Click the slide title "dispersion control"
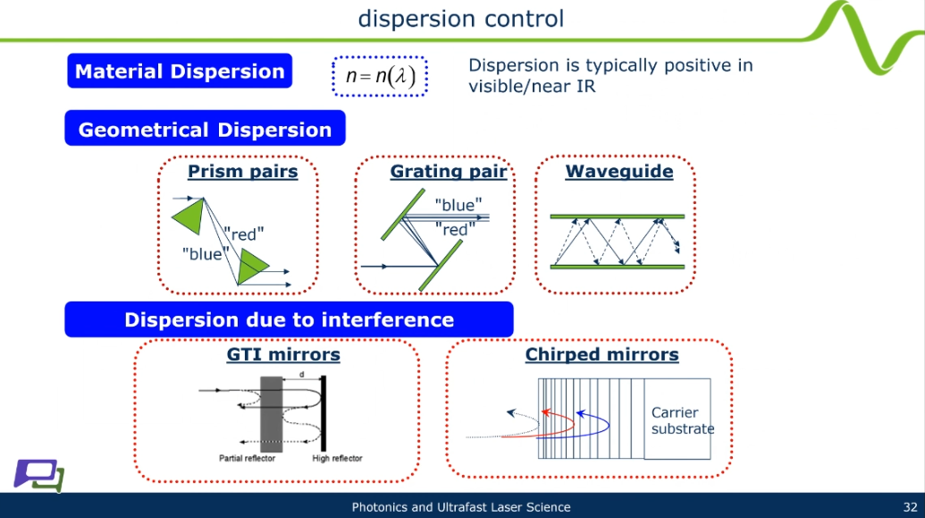[x=461, y=19]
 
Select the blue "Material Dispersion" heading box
[x=180, y=71]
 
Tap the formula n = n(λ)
[x=380, y=76]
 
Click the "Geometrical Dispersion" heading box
[x=205, y=128]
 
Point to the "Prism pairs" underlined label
[x=242, y=171]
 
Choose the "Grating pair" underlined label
[x=449, y=171]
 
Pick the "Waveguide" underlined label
[x=618, y=171]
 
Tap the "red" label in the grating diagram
[x=455, y=230]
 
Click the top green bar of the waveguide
[x=617, y=217]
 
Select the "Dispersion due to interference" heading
[x=289, y=319]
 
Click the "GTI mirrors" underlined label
[x=283, y=354]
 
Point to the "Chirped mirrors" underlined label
[x=601, y=354]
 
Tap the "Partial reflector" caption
[x=248, y=458]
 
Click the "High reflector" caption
[x=337, y=458]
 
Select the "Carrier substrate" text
[x=683, y=420]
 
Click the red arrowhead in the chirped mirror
[x=546, y=412]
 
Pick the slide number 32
[x=910, y=506]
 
